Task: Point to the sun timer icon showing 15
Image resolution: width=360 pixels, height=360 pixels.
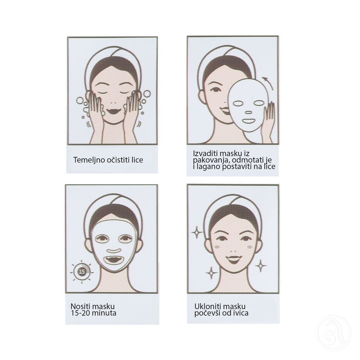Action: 82,271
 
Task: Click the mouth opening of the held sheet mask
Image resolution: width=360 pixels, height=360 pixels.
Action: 249,121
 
